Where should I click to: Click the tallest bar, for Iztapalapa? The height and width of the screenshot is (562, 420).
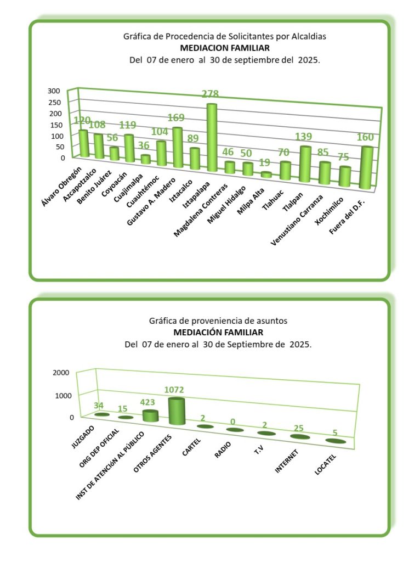(x=212, y=138)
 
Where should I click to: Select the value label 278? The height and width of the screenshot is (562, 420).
(x=212, y=94)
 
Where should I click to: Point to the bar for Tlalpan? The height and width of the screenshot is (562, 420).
(x=305, y=164)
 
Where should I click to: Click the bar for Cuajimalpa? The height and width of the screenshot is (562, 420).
(x=145, y=159)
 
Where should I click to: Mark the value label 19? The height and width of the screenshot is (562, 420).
(x=265, y=163)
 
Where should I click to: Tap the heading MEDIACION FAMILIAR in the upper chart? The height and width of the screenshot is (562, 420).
(x=225, y=48)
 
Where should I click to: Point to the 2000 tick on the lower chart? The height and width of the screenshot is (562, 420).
(x=60, y=373)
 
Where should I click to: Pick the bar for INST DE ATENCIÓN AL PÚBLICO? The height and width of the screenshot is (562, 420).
(x=150, y=416)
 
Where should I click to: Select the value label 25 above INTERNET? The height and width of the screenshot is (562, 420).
(x=298, y=428)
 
